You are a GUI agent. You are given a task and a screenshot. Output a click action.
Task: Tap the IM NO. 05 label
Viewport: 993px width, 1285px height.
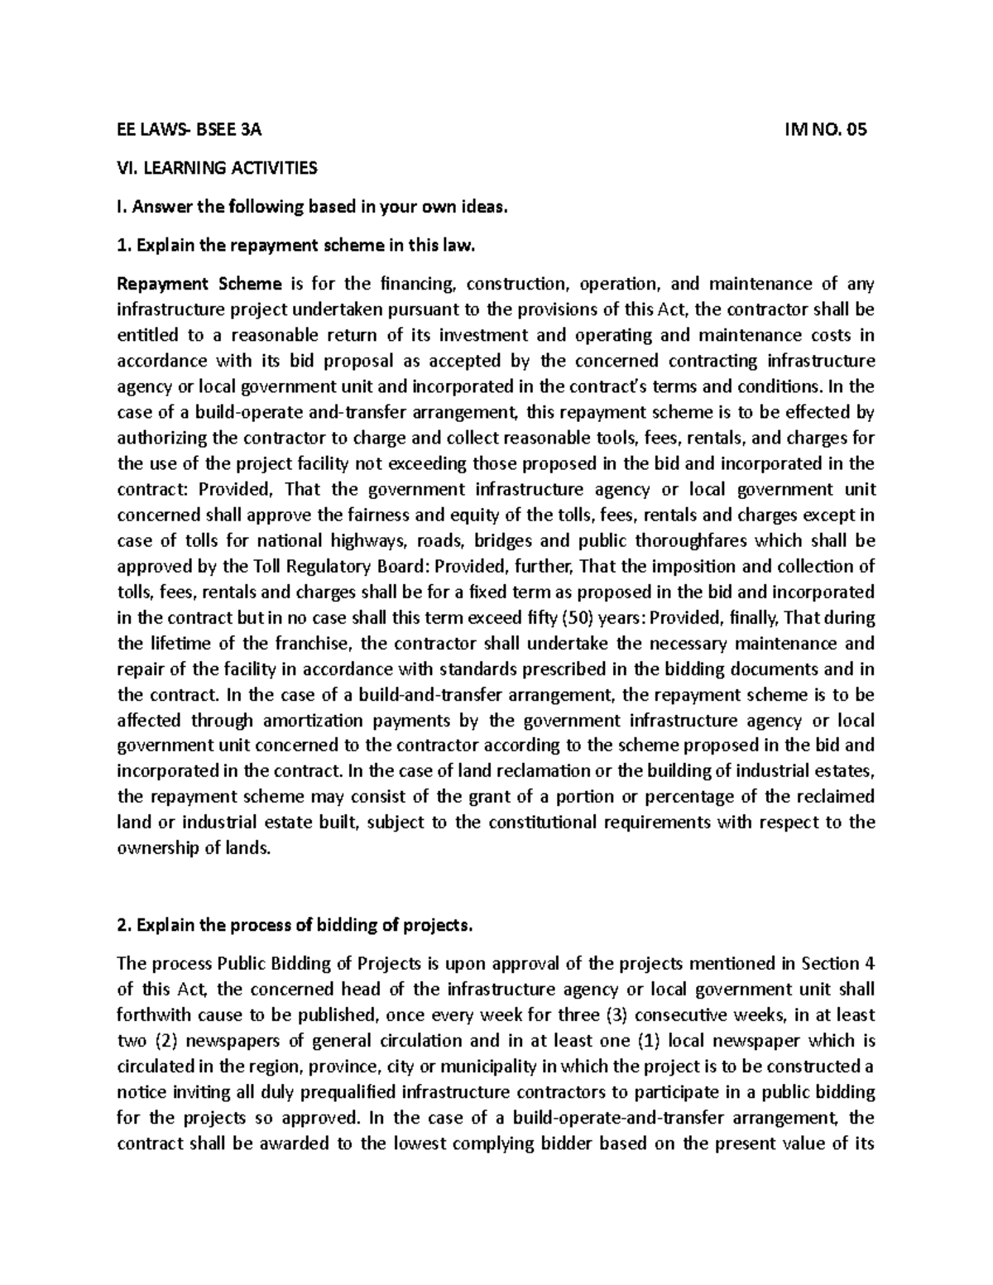tap(824, 130)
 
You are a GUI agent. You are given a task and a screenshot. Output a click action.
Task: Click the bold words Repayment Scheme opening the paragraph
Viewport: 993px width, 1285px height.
tap(199, 285)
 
